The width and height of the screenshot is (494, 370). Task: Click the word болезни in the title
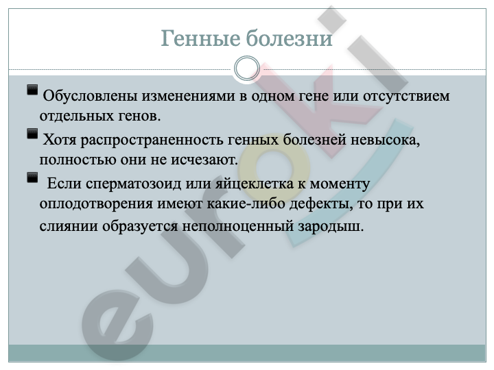click(289, 38)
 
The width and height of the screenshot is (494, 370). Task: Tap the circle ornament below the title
click(247, 69)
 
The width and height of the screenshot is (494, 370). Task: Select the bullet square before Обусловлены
click(32, 90)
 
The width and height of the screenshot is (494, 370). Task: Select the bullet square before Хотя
click(32, 134)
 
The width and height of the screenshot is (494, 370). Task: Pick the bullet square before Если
click(32, 177)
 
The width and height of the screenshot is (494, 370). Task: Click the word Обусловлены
click(90, 96)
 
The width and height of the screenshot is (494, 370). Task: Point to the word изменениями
click(189, 96)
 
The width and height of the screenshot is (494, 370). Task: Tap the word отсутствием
click(406, 96)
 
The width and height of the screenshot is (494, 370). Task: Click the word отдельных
click(77, 116)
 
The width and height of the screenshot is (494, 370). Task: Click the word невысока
click(386, 140)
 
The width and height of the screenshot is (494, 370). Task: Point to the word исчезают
click(204, 160)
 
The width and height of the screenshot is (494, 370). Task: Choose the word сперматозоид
click(133, 184)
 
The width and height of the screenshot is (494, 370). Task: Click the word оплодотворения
click(96, 204)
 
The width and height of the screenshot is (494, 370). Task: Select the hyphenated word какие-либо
click(246, 203)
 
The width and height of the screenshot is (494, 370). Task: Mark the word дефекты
click(321, 204)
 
